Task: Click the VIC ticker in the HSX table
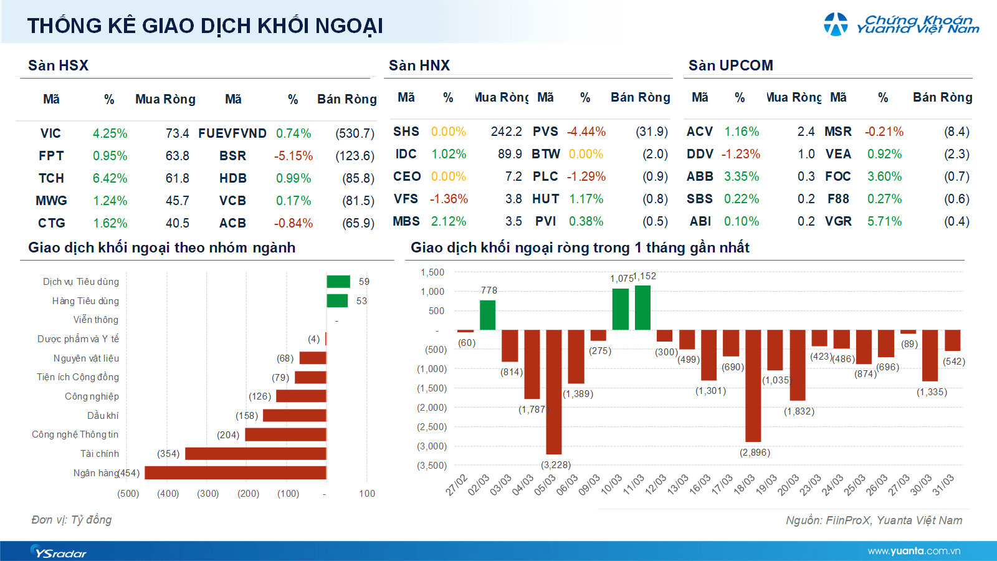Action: [50, 133]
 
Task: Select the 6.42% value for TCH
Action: [110, 178]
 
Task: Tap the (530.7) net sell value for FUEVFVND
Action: [355, 133]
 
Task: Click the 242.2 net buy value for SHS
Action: [506, 132]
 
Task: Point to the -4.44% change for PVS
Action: [586, 132]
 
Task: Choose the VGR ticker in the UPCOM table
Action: [838, 221]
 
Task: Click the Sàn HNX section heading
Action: [419, 65]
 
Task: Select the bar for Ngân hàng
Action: [236, 472]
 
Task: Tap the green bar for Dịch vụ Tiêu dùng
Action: [338, 282]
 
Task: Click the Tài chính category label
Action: [99, 454]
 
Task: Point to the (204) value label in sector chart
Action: [228, 435]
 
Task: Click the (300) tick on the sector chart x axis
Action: [208, 494]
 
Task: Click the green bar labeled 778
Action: [487, 315]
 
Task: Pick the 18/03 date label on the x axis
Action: [745, 484]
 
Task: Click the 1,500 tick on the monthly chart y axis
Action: [432, 272]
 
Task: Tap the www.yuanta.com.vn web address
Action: [914, 551]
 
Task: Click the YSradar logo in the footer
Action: [59, 552]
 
